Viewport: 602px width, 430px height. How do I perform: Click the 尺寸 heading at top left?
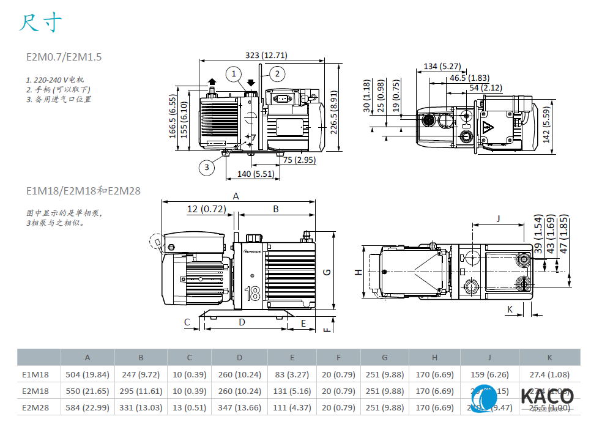tap(40, 23)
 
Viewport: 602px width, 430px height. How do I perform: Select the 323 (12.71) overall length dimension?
tap(266, 55)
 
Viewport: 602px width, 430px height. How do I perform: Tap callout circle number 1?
tap(233, 74)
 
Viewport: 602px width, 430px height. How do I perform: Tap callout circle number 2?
tap(277, 74)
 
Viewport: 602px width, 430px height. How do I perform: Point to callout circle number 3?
tap(207, 166)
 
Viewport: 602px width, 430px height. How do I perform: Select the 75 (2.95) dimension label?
tap(300, 160)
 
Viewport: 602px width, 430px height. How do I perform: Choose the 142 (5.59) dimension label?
tap(546, 124)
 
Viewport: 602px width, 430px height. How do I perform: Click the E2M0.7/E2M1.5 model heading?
tap(64, 57)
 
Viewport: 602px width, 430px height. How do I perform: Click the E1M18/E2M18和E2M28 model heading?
tap(83, 191)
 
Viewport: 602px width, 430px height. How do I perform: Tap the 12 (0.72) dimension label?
tap(206, 209)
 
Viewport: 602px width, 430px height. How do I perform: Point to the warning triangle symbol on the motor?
tap(488, 129)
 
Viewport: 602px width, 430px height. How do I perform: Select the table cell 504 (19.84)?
tap(87, 374)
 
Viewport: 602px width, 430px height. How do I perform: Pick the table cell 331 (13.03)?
tap(141, 407)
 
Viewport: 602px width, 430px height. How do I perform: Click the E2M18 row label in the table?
tap(35, 391)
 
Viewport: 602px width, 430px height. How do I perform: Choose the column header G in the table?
tap(384, 357)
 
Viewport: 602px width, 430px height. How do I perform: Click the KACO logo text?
tap(547, 396)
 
